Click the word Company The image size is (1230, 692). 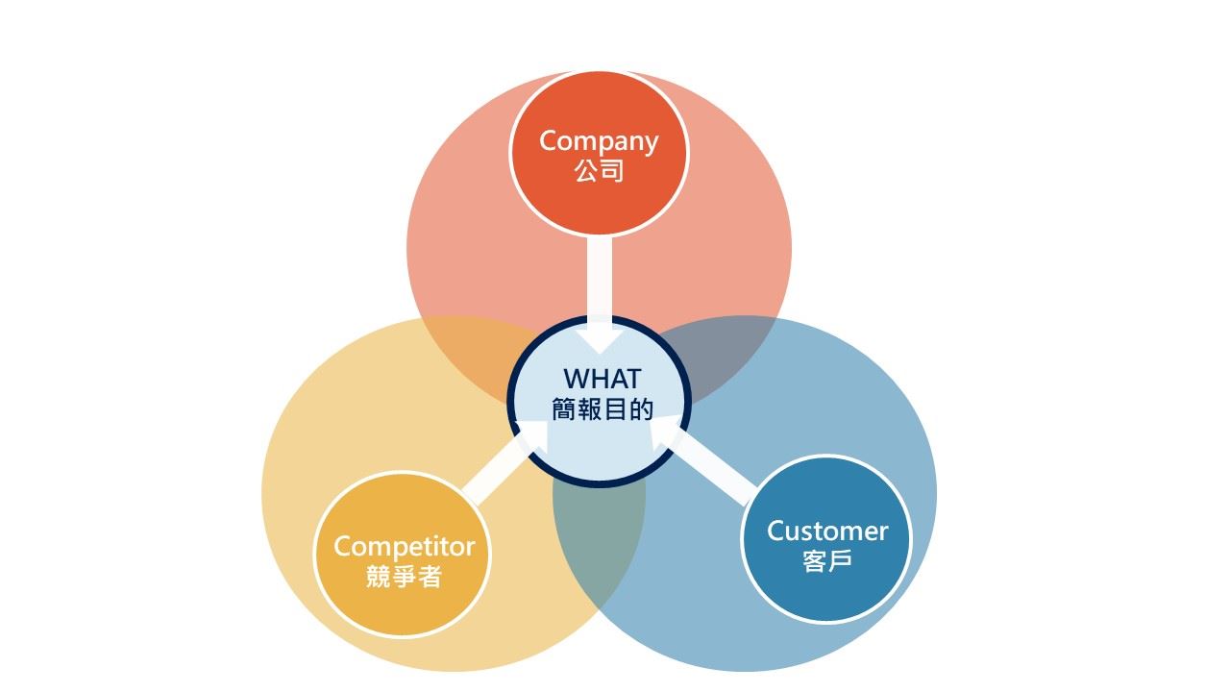[x=599, y=141]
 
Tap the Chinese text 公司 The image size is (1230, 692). [x=599, y=172]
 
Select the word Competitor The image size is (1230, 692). [x=404, y=547]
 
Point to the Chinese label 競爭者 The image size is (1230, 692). [x=404, y=578]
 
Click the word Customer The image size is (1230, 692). [x=826, y=531]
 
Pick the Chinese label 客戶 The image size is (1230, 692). [x=826, y=561]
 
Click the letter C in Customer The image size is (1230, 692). [x=775, y=531]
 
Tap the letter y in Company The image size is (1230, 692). [x=650, y=144]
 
